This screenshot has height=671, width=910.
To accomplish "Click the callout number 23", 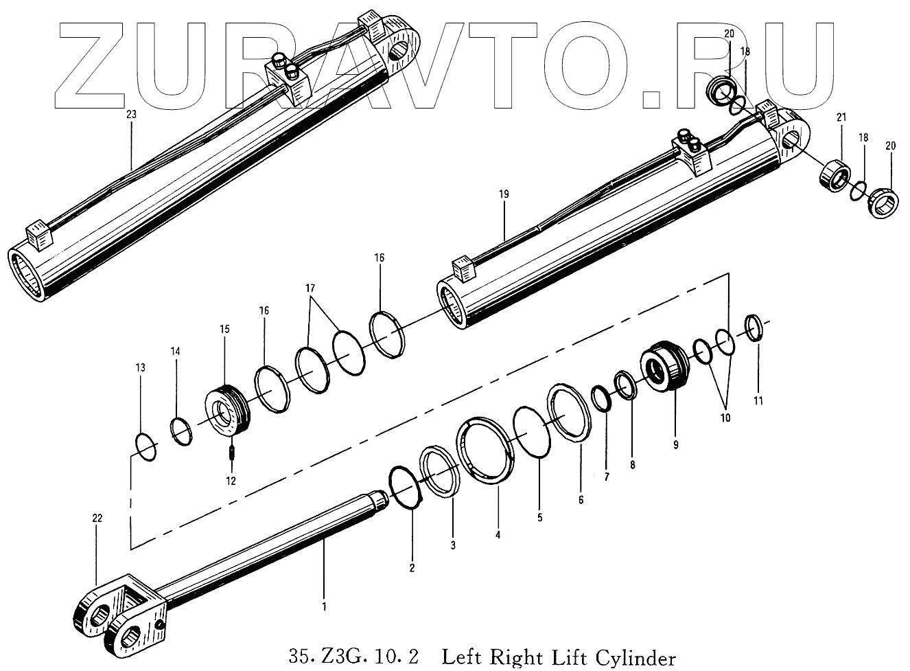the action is (x=131, y=115).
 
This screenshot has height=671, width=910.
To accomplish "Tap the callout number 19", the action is (x=504, y=194).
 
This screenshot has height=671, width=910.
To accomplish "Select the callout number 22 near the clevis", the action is (x=97, y=519).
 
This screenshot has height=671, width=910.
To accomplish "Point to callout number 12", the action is (x=231, y=481).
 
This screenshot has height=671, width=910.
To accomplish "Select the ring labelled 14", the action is (x=181, y=431).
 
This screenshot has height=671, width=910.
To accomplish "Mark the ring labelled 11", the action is (x=754, y=328).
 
